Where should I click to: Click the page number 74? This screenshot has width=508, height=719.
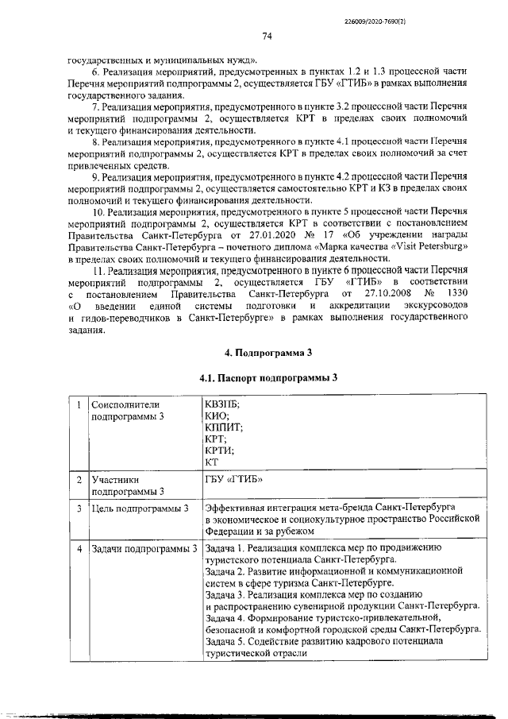267,37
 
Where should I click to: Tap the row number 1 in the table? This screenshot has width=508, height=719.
79,404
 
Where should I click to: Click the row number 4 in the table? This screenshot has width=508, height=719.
79,548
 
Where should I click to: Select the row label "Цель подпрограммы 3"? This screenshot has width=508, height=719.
140,508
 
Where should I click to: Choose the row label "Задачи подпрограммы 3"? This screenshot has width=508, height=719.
144,548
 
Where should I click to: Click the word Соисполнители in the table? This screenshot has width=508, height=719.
125,404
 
